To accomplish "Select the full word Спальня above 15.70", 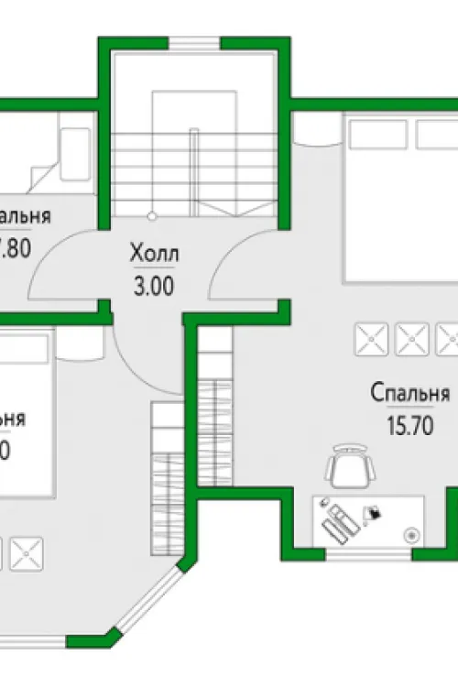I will coord(409,394).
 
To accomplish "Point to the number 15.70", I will coord(409,426).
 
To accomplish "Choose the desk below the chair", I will coord(368,520).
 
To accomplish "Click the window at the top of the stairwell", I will coord(195,41).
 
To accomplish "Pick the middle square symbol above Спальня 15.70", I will coord(410,340).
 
